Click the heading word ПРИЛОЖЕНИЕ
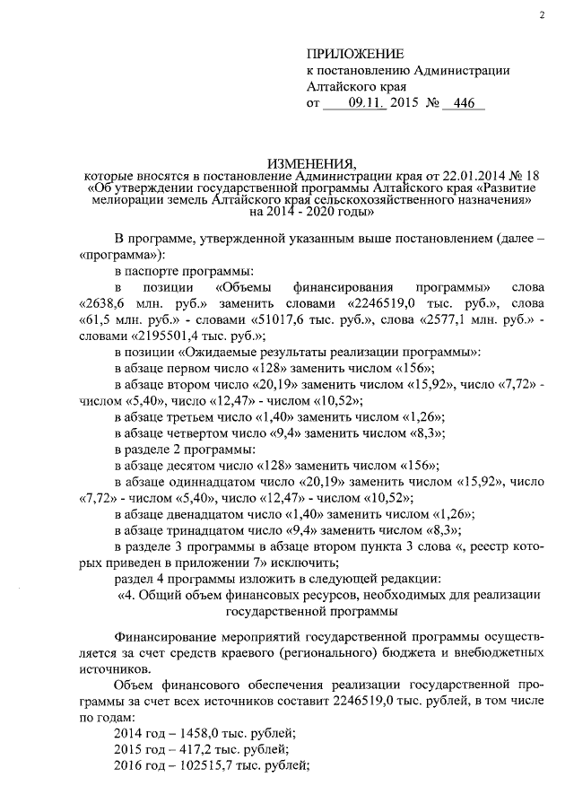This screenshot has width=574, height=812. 355,54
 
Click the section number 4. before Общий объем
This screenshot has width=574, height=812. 132,595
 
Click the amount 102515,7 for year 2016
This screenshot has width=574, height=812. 200,765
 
